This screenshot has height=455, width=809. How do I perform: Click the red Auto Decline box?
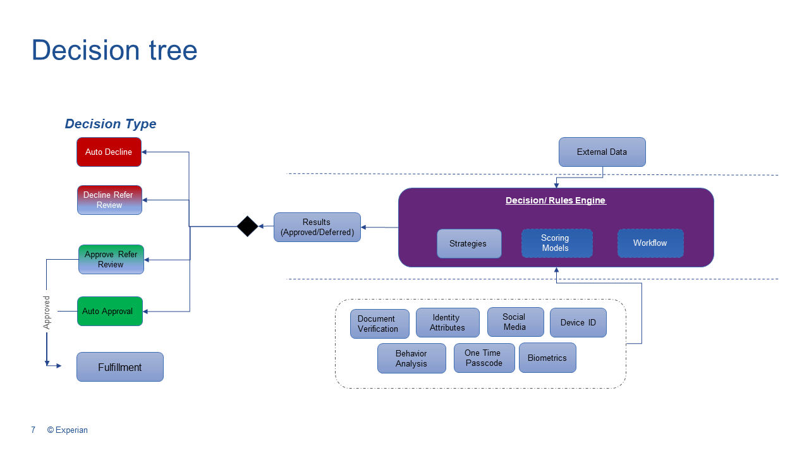click(109, 152)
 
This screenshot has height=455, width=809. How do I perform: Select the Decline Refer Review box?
click(109, 200)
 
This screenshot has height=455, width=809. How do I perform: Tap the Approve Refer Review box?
click(111, 259)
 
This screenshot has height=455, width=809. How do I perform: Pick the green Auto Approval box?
click(109, 311)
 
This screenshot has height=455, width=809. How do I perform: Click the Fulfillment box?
click(120, 367)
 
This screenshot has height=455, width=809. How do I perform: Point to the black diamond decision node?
click(247, 226)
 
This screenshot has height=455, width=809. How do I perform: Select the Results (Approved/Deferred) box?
click(317, 227)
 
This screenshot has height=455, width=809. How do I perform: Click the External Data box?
click(602, 152)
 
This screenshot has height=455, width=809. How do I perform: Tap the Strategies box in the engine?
click(468, 243)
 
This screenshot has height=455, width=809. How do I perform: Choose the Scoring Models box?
click(556, 243)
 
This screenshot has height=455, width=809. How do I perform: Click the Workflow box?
click(650, 243)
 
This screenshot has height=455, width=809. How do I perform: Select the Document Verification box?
click(379, 324)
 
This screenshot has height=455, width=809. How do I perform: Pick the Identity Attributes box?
click(447, 323)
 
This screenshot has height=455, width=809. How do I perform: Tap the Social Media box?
click(515, 322)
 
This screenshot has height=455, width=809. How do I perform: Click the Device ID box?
click(578, 322)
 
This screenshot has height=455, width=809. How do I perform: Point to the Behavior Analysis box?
click(411, 358)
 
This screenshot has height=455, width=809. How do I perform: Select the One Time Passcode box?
click(484, 358)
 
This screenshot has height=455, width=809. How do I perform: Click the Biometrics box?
click(547, 358)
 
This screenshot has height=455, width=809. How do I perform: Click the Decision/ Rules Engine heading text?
click(556, 200)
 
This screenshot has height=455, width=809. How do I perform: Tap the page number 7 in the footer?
click(33, 430)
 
